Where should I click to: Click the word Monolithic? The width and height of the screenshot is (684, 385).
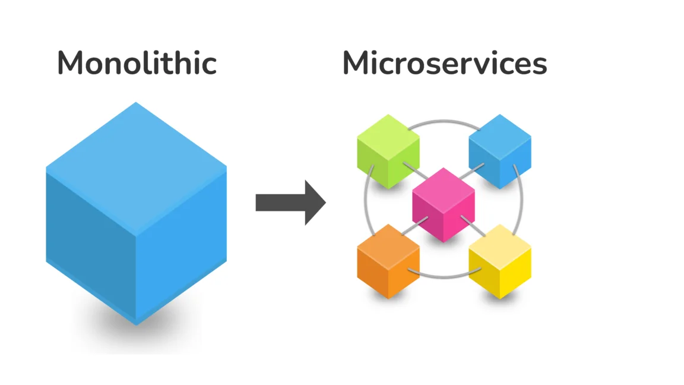[137, 63]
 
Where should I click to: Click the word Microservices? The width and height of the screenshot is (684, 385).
[444, 63]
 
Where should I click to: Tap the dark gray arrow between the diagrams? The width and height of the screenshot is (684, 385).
[290, 203]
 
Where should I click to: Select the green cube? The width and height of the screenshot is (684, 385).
[388, 152]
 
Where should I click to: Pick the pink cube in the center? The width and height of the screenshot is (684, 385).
[444, 204]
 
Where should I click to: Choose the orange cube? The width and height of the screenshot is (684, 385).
[388, 261]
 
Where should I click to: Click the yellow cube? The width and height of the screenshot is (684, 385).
[500, 261]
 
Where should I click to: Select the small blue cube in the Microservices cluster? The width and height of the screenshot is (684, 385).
[500, 152]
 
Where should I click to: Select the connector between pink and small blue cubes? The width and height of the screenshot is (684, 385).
[475, 173]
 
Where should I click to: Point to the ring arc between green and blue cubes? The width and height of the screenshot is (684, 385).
[444, 122]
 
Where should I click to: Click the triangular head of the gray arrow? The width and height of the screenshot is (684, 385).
[315, 203]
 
